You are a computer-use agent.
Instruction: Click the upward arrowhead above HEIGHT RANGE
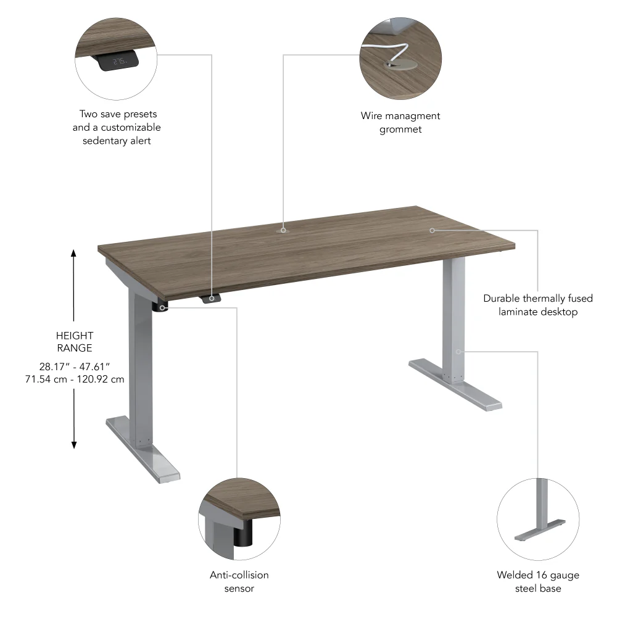[74, 253]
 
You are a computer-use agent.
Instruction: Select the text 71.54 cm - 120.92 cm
[73, 379]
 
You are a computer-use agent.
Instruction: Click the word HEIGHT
[74, 336]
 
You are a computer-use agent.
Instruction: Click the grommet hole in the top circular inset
[392, 63]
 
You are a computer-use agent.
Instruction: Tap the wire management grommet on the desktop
[283, 230]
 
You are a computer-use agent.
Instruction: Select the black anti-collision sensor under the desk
[162, 307]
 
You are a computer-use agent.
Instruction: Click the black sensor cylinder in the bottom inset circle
[243, 533]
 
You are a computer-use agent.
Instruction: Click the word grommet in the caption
[400, 129]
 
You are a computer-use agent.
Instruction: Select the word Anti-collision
[239, 575]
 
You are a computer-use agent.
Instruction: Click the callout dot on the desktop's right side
[433, 230]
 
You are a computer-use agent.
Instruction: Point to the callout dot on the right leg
[458, 352]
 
